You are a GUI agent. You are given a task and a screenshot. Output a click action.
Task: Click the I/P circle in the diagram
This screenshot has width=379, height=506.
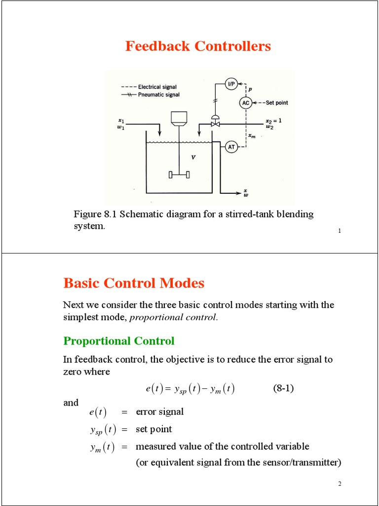click(x=231, y=84)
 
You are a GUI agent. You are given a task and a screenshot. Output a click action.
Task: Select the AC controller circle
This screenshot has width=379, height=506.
click(x=246, y=103)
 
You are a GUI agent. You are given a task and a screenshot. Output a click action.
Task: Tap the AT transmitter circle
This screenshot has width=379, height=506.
click(x=231, y=147)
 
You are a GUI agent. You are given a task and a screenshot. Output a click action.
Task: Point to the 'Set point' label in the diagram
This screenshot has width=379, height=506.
click(x=277, y=103)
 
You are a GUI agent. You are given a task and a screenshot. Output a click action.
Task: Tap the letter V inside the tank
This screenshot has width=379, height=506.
click(x=193, y=158)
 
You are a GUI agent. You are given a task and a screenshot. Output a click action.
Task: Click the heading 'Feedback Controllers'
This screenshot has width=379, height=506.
click(x=198, y=46)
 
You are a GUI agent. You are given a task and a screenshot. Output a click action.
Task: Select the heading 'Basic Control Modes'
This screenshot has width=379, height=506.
click(x=134, y=283)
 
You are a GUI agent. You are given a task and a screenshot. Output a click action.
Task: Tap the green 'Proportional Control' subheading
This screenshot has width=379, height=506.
click(x=119, y=341)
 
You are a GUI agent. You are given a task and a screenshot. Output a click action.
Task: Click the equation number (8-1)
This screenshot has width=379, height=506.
click(x=283, y=388)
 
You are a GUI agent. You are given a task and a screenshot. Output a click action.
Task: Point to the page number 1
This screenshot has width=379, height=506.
click(x=340, y=231)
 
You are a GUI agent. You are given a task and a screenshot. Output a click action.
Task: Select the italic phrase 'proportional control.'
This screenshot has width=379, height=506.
click(x=174, y=318)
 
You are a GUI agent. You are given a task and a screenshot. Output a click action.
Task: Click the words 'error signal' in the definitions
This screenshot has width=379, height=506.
click(x=159, y=412)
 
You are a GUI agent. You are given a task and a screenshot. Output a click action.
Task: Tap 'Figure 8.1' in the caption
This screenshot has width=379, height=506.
click(x=95, y=214)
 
